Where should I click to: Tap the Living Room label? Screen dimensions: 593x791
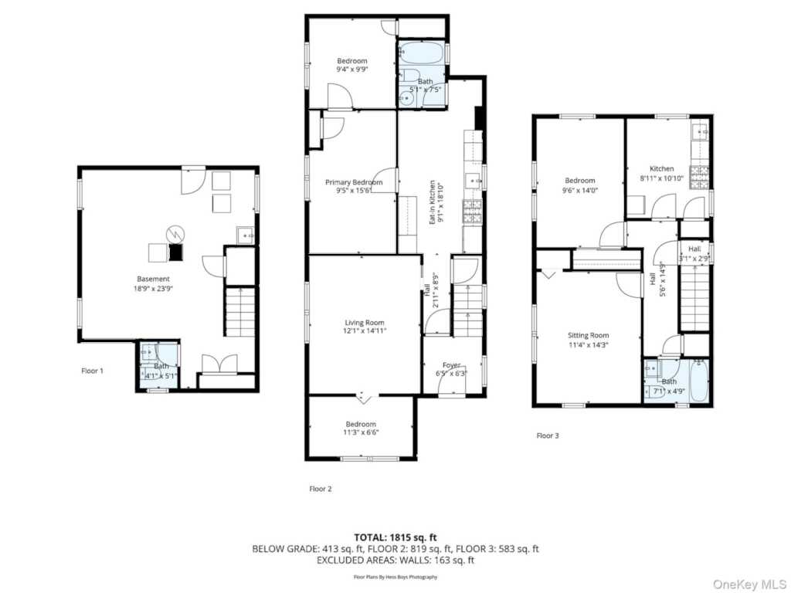pyautogui.click(x=365, y=323)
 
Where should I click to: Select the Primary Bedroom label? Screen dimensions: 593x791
pyautogui.click(x=354, y=182)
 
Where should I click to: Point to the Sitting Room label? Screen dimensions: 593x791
pyautogui.click(x=589, y=336)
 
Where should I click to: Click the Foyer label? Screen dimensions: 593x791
pyautogui.click(x=451, y=365)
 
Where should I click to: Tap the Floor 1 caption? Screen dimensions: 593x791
pyautogui.click(x=93, y=371)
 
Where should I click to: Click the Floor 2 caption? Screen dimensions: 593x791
pyautogui.click(x=321, y=488)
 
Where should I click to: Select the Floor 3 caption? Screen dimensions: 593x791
pyautogui.click(x=548, y=435)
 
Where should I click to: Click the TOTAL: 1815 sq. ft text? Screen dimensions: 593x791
pyautogui.click(x=395, y=537)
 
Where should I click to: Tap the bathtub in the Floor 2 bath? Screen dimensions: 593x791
pyautogui.click(x=421, y=55)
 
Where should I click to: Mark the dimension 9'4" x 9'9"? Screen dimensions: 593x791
pyautogui.click(x=352, y=69)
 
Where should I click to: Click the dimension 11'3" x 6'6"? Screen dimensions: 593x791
pyautogui.click(x=361, y=433)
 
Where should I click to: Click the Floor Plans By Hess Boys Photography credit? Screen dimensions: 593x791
pyautogui.click(x=395, y=577)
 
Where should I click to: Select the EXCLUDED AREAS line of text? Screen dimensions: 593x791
pyautogui.click(x=395, y=561)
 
